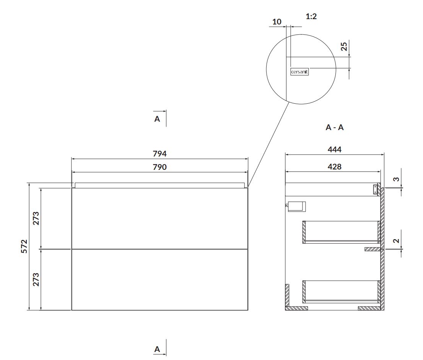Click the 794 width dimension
click(160, 153)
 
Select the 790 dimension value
click(160, 167)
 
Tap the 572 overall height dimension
click(24, 246)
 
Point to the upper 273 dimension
click(36, 218)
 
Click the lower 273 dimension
click(36, 279)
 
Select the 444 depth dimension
click(335, 149)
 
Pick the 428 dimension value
click(335, 166)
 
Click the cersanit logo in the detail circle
click(299, 72)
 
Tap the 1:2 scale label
click(311, 16)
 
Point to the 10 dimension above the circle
click(277, 21)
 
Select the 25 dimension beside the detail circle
click(344, 46)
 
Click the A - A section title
click(335, 127)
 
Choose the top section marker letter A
click(157, 119)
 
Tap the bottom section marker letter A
click(157, 349)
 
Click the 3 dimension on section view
click(396, 179)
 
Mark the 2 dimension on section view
click(396, 241)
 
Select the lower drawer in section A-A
click(342, 292)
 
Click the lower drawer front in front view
click(160, 280)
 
